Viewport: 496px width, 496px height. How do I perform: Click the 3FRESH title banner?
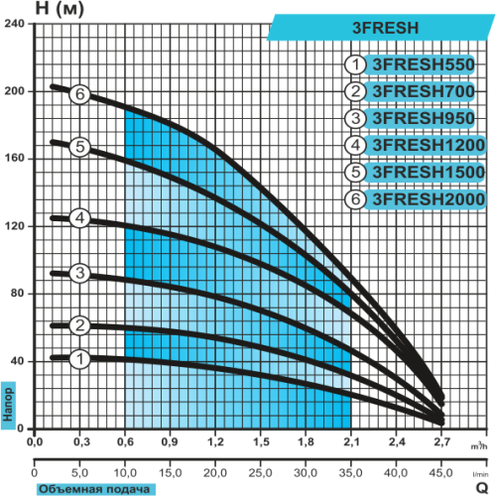pyautogui.click(x=380, y=28)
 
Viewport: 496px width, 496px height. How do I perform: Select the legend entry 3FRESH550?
pyautogui.click(x=424, y=64)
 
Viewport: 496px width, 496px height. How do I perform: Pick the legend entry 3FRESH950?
pyautogui.click(x=424, y=118)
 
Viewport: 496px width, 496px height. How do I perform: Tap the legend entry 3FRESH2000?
pyautogui.click(x=429, y=199)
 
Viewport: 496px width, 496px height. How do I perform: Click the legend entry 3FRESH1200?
pyautogui.click(x=429, y=146)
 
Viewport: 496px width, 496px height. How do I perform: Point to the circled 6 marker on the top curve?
pyautogui.click(x=79, y=94)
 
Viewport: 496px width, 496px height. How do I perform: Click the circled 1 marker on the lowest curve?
pyautogui.click(x=79, y=359)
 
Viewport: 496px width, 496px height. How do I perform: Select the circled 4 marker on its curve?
pyautogui.click(x=79, y=218)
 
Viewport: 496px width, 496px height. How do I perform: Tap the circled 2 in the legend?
pyautogui.click(x=355, y=91)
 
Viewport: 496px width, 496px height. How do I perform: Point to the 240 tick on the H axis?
pyautogui.click(x=14, y=24)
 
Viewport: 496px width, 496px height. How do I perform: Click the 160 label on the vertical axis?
pyautogui.click(x=14, y=158)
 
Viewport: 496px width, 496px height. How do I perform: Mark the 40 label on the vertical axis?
pyautogui.click(x=17, y=360)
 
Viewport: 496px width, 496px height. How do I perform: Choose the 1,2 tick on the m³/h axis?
pyautogui.click(x=215, y=441)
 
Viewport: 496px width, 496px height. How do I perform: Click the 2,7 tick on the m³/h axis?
pyautogui.click(x=441, y=441)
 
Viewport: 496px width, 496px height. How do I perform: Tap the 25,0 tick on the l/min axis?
pyautogui.click(x=260, y=473)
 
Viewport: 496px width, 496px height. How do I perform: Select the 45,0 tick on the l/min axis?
pyautogui.click(x=440, y=473)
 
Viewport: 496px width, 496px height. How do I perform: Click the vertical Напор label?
pyautogui.click(x=8, y=405)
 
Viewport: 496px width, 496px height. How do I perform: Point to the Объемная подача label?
pyautogui.click(x=95, y=489)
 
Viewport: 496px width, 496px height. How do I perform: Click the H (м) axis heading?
pyautogui.click(x=60, y=9)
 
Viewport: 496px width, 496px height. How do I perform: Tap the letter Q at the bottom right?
pyautogui.click(x=482, y=488)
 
